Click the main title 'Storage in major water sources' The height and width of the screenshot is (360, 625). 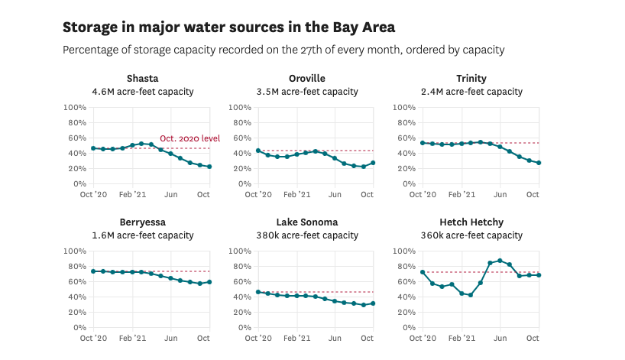coord(229,28)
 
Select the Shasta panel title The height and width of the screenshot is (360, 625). coord(142,79)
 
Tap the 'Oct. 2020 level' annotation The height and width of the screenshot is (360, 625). coord(189,138)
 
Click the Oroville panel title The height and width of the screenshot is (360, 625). coord(307,79)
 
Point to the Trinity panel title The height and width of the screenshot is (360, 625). coord(471,79)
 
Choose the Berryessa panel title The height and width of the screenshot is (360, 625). coord(142,222)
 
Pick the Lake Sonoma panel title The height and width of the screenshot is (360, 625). coord(307,222)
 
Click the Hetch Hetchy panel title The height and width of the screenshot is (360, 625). coord(471,222)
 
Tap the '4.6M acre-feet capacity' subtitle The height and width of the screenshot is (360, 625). coord(142,92)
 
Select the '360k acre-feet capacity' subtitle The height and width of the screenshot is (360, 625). coord(471,235)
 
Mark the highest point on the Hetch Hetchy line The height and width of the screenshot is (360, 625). coord(500,261)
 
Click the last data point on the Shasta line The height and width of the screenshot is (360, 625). coord(209,167)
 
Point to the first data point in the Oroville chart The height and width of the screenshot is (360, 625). coord(258,151)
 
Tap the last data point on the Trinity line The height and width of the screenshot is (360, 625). coord(539,163)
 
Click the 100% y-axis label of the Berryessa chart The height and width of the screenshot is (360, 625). coord(73,251)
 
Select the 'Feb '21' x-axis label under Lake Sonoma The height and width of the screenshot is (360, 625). coord(298,338)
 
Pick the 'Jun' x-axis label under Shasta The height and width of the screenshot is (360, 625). coord(170,194)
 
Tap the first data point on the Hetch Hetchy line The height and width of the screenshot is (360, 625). coord(423,272)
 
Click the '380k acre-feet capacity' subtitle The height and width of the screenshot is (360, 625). coord(307,235)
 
